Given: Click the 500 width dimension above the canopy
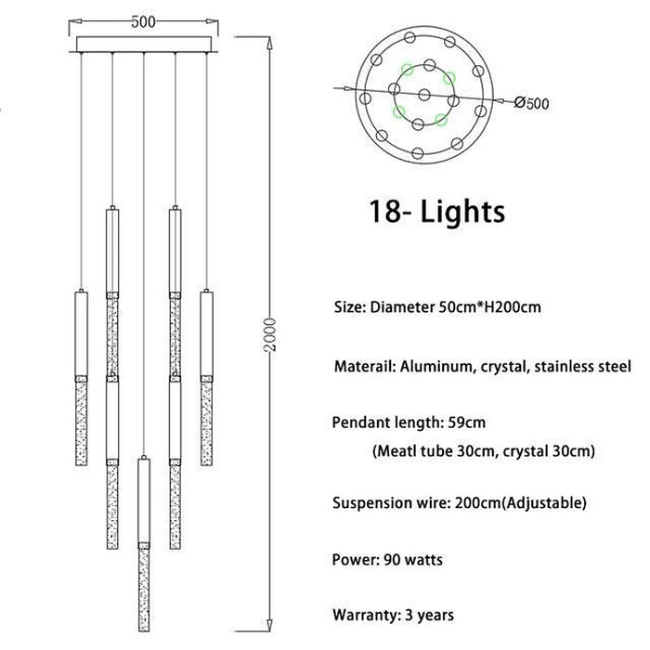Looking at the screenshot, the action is coord(143,21).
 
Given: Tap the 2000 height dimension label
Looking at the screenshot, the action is coord(269,335).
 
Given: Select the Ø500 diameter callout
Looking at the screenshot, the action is coord(531,102).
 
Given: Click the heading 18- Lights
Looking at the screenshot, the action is coord(437,212).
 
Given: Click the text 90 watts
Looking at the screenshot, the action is coord(413,560).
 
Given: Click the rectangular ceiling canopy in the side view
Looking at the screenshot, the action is coord(144,43).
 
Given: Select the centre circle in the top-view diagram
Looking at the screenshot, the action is coord(423,95).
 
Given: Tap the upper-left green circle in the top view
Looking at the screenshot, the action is coord(407,70).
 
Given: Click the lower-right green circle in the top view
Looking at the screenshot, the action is coord(441,120).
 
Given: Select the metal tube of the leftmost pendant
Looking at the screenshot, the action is coord(82,333).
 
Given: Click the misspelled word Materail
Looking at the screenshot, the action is coord(364,367).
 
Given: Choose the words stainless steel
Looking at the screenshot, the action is coord(582,367).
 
